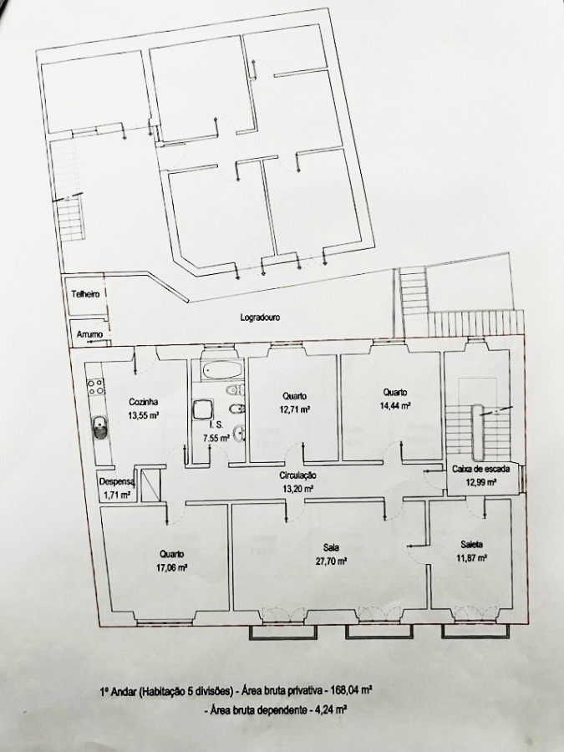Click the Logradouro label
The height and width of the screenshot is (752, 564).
coord(260,318)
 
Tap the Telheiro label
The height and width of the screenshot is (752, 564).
coord(85,294)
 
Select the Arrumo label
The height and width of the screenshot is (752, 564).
coord(89,334)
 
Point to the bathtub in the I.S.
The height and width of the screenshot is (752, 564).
coord(221,370)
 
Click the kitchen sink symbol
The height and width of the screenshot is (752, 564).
coord(99,427)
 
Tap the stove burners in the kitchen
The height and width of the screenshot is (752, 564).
coord(95,387)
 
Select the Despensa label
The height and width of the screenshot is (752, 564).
coord(117,482)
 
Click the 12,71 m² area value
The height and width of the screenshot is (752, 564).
coord(294,409)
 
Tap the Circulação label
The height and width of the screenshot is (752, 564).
coord(297,475)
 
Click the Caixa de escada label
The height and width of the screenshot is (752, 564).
coord(481,469)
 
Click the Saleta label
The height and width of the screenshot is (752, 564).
coord(471,545)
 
